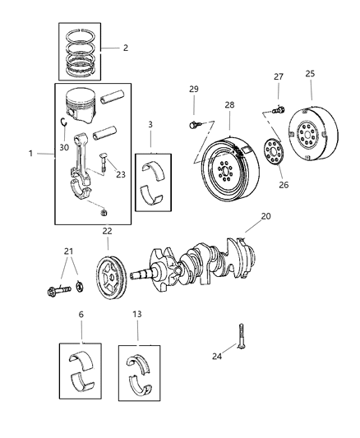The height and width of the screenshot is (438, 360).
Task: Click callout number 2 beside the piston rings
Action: point(125,48)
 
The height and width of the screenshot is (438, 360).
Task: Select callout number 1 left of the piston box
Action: point(31,154)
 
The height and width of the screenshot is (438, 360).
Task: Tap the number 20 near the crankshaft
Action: point(265,216)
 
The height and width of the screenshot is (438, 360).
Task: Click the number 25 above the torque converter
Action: point(310,74)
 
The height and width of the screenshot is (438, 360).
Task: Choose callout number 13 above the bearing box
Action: point(138,315)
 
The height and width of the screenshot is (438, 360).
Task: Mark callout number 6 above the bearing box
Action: point(81,315)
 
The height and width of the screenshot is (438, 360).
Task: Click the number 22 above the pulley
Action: point(107,231)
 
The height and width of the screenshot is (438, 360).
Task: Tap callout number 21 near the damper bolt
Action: point(69,251)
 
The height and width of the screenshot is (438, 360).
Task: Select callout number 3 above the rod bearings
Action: point(150,125)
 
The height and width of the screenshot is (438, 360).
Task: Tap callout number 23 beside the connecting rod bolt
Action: point(121,175)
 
